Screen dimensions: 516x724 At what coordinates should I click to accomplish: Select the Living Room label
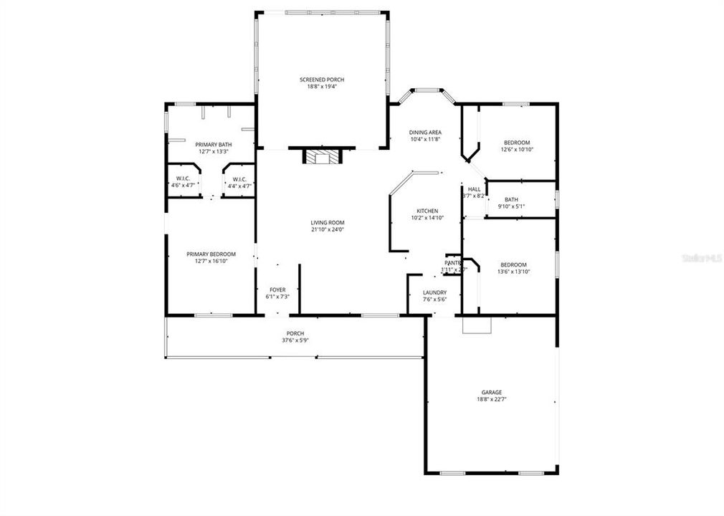(x=328, y=223)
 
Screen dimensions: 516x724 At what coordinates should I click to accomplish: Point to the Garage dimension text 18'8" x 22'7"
(x=491, y=399)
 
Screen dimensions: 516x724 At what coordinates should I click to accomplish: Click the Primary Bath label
(x=213, y=145)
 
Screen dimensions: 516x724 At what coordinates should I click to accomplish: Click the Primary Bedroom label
(x=211, y=254)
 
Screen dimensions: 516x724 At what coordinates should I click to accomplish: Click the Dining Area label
(x=425, y=133)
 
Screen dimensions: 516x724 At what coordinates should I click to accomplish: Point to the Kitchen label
(x=427, y=211)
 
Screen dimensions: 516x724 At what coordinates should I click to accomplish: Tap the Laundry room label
(x=434, y=292)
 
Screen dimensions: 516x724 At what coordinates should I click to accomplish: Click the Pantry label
(x=453, y=263)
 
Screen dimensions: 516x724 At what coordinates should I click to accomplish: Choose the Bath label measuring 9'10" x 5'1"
(x=511, y=200)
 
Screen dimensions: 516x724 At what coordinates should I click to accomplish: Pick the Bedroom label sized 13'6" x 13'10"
(x=513, y=264)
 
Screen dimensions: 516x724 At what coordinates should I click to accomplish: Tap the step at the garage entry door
(x=477, y=325)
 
